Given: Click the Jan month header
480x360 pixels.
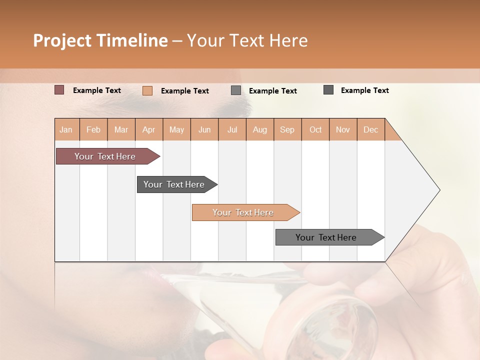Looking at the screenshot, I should (66, 129).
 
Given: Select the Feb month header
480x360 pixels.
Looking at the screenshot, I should (93, 129).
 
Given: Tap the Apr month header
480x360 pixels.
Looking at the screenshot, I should (148, 129).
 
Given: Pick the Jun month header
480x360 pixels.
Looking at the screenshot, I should (204, 129).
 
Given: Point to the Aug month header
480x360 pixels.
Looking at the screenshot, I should (259, 129).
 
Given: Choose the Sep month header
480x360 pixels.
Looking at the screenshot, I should (287, 129).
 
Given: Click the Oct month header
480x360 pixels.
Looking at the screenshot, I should (315, 129).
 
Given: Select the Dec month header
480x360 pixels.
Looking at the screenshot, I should (370, 129).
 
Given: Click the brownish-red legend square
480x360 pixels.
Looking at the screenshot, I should (59, 90).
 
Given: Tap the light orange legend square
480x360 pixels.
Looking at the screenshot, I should (147, 90).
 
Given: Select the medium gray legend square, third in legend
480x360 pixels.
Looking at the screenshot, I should (236, 90).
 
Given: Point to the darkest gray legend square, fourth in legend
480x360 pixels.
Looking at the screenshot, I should (328, 90).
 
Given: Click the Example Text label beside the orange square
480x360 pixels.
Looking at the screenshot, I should (185, 91).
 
